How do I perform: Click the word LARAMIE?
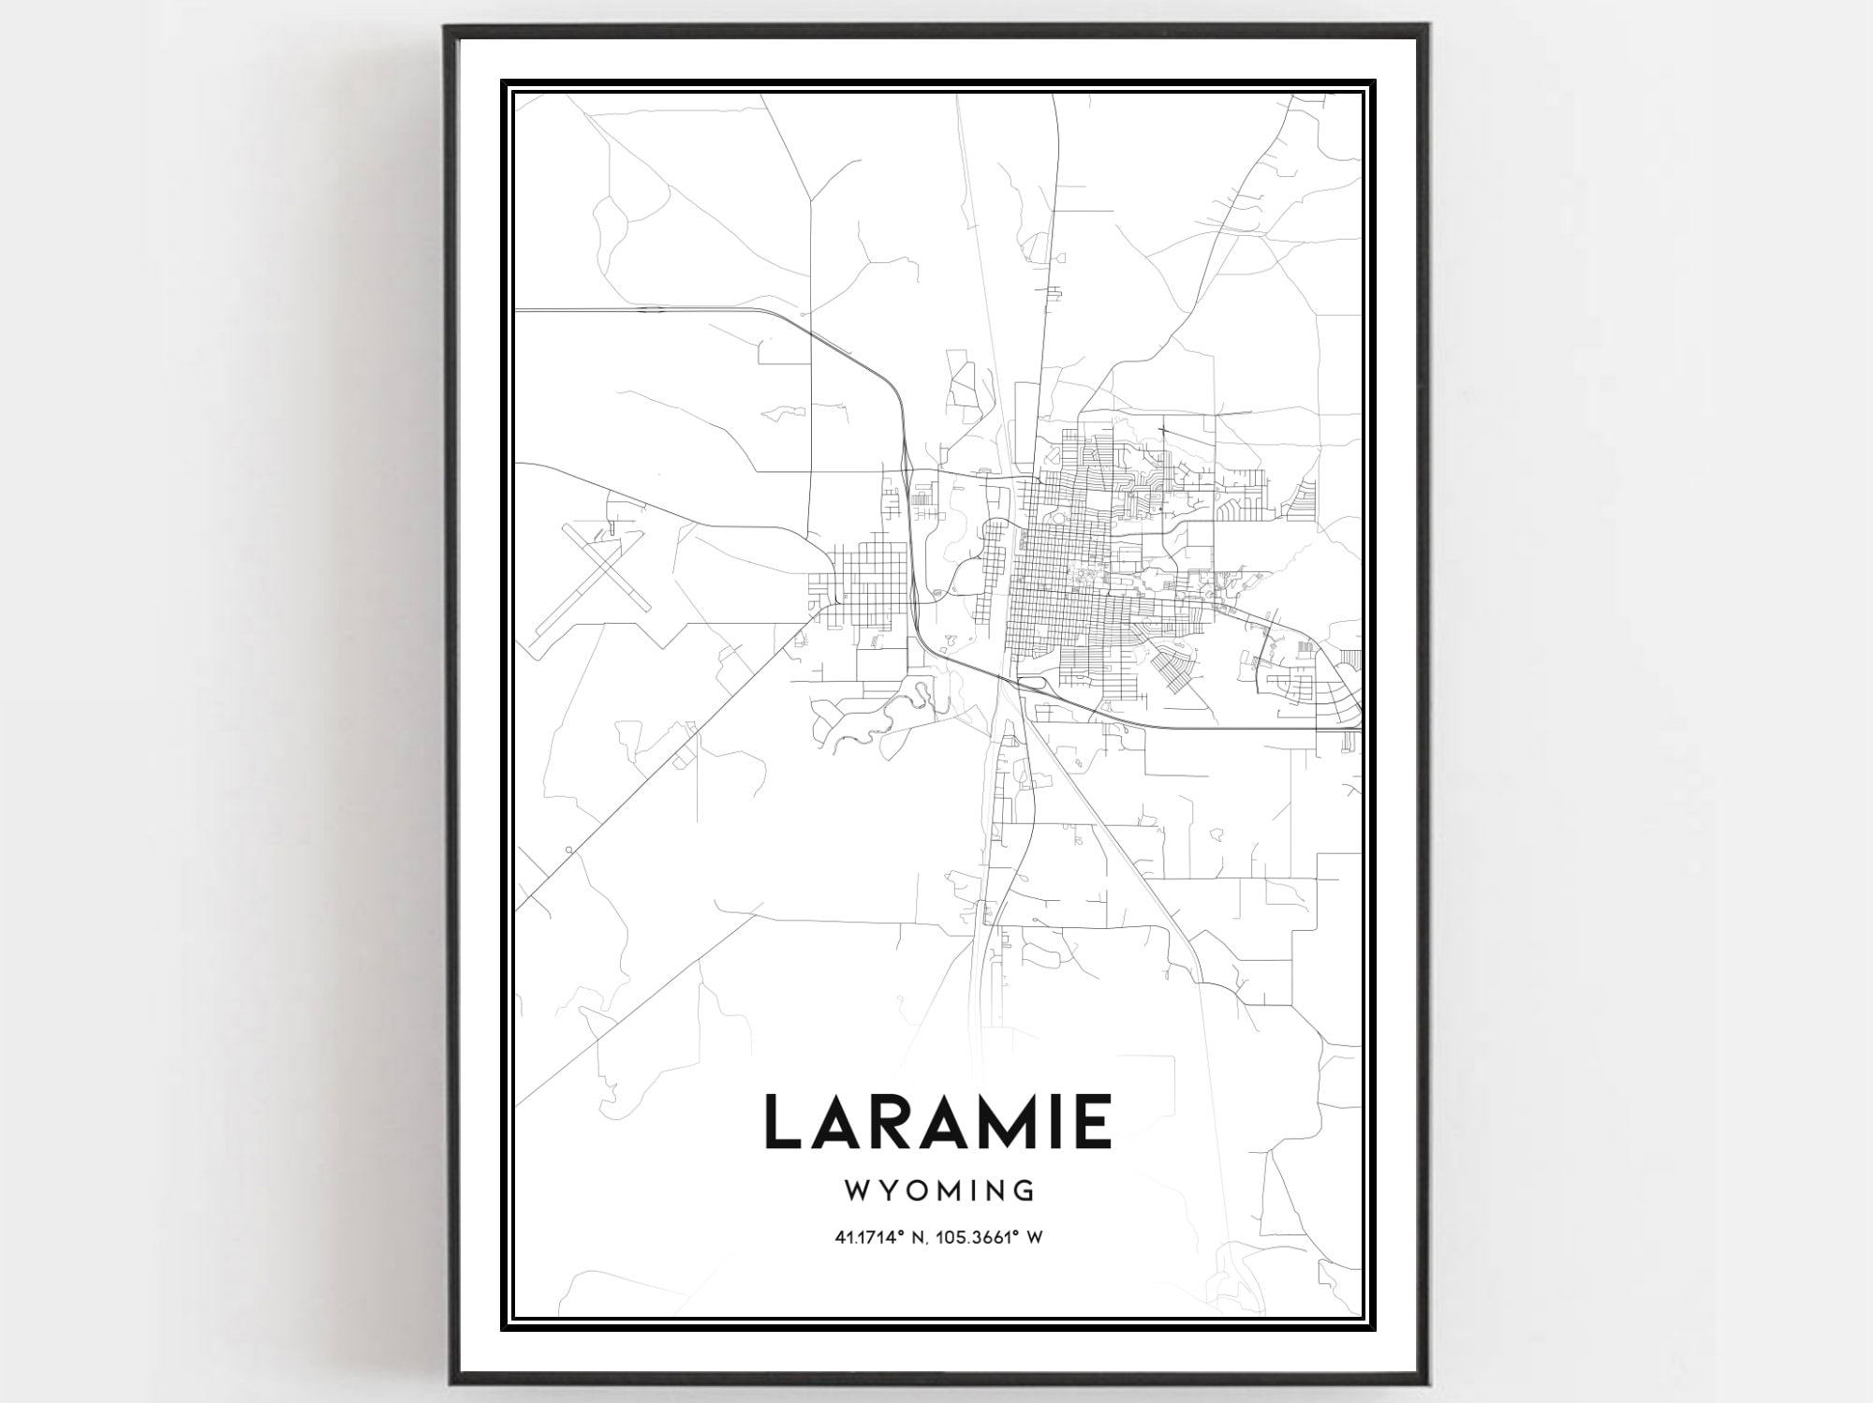939,1121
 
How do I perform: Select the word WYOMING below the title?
939,1190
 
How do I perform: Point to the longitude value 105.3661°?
974,1238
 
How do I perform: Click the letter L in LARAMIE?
784,1121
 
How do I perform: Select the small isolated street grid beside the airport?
860,585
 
